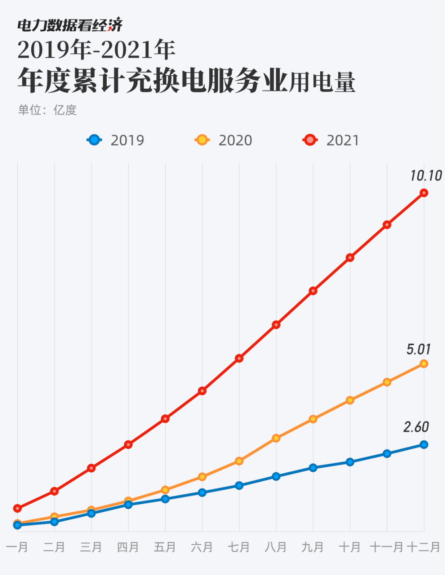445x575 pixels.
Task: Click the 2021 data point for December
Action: tap(424, 193)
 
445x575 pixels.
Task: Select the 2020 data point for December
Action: tap(424, 364)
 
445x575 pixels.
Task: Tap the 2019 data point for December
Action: tap(424, 445)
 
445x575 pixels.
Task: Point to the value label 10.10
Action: tap(426, 176)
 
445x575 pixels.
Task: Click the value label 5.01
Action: tap(418, 349)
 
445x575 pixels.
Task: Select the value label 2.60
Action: tap(416, 427)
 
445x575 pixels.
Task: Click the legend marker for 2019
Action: tap(94, 140)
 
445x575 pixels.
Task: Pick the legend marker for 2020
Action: tap(202, 140)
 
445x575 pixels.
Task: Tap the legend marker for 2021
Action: tap(310, 140)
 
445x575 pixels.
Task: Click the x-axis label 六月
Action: tap(202, 547)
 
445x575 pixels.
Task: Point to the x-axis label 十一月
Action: tap(386, 547)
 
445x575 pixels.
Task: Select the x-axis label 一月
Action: tap(17, 547)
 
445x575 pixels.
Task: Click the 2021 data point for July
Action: tap(239, 359)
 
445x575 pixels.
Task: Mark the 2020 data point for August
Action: tap(276, 438)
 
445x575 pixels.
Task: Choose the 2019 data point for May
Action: tap(165, 499)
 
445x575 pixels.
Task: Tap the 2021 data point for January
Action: tap(17, 508)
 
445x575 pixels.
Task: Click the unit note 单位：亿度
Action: tap(47, 110)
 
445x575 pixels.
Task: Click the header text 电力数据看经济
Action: tap(70, 26)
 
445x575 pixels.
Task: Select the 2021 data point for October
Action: tap(350, 258)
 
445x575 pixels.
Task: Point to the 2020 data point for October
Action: tap(350, 400)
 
